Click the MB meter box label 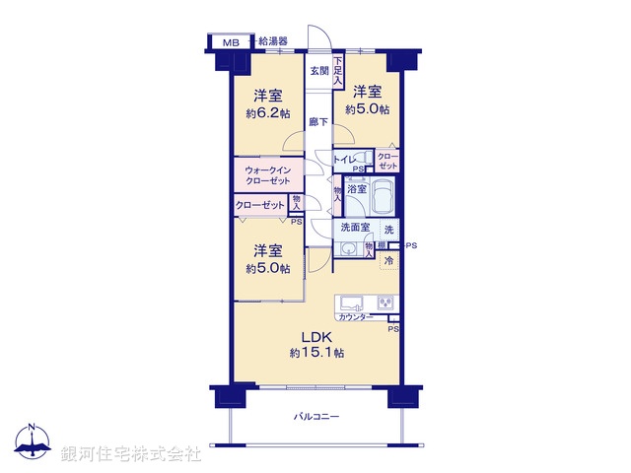[230, 42]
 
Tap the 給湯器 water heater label [273, 42]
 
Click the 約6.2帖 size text [268, 113]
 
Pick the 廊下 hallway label [317, 122]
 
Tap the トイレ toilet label [344, 159]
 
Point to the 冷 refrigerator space [389, 261]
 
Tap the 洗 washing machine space [388, 231]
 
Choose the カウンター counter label [354, 317]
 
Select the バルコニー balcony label [316, 417]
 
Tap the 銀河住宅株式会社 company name [130, 453]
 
